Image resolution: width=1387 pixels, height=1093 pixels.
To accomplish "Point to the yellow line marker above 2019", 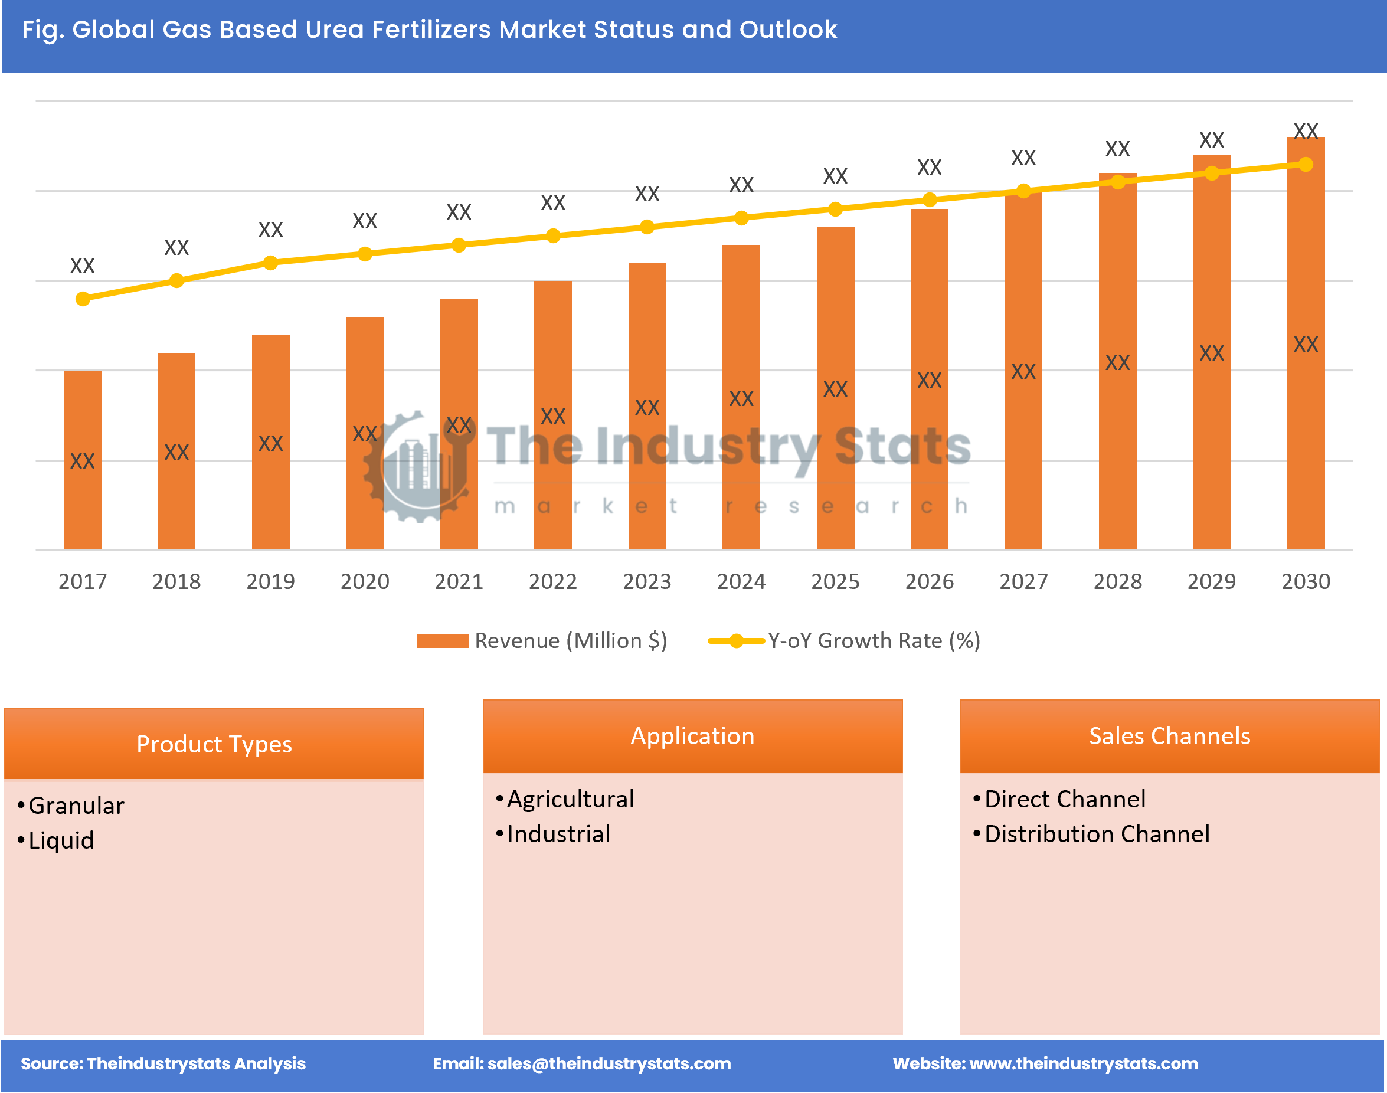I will click(x=271, y=263).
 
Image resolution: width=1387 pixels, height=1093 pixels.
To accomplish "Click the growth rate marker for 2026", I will click(x=930, y=200).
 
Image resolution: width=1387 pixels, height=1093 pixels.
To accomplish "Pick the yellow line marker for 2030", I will click(x=1305, y=165).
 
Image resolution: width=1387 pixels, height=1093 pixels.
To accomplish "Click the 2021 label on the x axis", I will click(x=459, y=581).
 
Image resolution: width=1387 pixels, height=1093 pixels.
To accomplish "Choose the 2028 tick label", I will click(x=1117, y=581).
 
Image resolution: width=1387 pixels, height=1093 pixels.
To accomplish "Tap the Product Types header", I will click(x=214, y=744).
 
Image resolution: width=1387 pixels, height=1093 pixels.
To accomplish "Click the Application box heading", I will click(x=692, y=736).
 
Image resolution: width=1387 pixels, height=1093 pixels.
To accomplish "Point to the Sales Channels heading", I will click(x=1169, y=736).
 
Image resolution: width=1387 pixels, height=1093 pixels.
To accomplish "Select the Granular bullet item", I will click(x=76, y=806).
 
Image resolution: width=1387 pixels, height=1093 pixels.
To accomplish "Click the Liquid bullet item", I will click(x=61, y=840).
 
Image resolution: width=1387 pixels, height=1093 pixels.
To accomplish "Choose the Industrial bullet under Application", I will click(x=558, y=834).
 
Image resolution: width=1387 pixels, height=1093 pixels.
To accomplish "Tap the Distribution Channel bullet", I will click(x=1097, y=834).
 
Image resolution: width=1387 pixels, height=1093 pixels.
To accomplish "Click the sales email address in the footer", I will click(x=609, y=1063).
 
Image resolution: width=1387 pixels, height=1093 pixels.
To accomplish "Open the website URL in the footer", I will click(x=1083, y=1063).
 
